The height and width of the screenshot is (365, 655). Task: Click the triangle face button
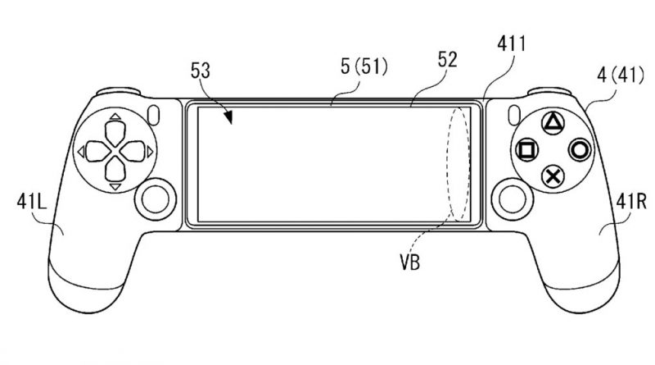553,123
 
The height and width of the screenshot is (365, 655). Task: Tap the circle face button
580,149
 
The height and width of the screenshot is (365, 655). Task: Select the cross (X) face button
553,176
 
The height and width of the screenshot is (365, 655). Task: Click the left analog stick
155,198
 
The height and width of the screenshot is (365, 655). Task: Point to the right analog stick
512,198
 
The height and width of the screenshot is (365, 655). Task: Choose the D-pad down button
115,168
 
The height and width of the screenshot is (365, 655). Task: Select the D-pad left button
97,151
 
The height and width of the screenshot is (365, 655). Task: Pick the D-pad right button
133,151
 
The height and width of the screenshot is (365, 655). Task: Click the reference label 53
201,71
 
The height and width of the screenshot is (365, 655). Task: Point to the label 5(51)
364,67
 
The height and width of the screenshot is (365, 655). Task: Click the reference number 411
511,44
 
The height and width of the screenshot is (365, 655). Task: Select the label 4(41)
621,75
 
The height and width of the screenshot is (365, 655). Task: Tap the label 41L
32,201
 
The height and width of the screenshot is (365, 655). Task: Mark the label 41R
631,201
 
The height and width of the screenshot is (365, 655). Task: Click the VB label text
410,262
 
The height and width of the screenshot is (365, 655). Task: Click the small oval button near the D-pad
154,114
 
